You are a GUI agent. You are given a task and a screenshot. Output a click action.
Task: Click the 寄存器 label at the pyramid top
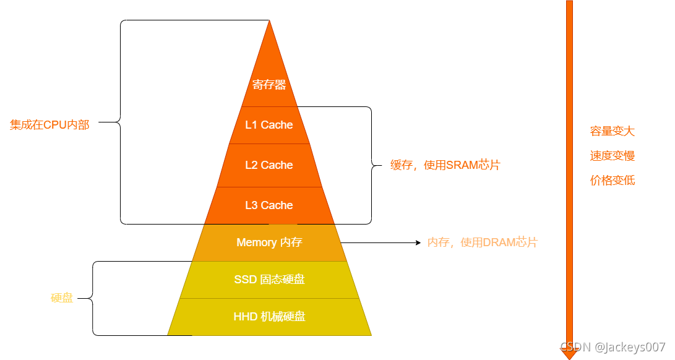coord(269,85)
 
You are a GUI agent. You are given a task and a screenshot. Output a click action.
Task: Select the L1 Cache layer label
coord(269,125)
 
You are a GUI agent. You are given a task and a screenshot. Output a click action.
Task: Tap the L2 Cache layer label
coord(269,165)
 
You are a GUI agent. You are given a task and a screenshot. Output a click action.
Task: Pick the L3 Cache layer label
coord(269,205)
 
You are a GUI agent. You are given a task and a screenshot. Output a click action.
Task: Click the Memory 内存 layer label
coord(269,242)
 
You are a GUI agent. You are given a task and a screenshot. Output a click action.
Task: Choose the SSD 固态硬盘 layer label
coord(269,280)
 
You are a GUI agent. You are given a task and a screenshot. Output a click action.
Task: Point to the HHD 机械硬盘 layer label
coord(269,317)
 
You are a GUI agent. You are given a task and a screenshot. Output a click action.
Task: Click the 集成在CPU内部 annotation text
coord(49,125)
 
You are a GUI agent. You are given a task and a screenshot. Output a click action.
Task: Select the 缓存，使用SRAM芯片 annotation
coord(445,165)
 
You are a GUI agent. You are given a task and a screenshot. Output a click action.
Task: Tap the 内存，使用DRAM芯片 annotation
coord(483,242)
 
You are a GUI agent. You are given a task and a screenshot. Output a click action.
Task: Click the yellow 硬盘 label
coord(62,298)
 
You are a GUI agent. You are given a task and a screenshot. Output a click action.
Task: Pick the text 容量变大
coord(612,131)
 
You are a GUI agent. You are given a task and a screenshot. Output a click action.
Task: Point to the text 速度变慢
coord(612,156)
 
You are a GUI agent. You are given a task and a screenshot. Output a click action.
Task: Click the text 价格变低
coord(612,181)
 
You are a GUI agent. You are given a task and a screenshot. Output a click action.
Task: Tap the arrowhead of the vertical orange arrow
coord(569,353)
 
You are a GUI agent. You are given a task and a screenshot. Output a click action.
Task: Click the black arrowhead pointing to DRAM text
coord(418,243)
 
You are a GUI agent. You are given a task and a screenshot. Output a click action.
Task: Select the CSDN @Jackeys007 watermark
coord(613,347)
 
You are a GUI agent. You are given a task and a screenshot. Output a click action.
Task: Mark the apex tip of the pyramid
coord(270,22)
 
